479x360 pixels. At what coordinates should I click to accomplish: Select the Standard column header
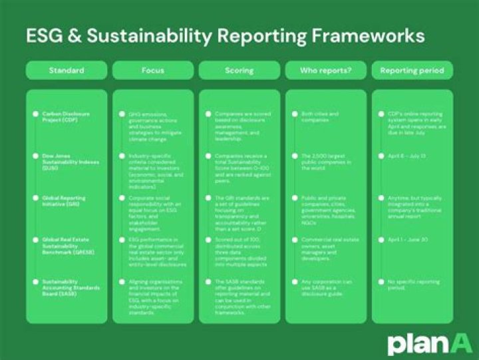66,70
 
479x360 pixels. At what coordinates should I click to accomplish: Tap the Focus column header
152,70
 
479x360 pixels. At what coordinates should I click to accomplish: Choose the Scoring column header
239,70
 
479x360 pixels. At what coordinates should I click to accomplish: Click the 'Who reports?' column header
326,70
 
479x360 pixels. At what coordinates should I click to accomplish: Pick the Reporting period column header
412,70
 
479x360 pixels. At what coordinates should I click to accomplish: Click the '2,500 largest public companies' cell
326,162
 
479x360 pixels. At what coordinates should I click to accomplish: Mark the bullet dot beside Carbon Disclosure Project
36,114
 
